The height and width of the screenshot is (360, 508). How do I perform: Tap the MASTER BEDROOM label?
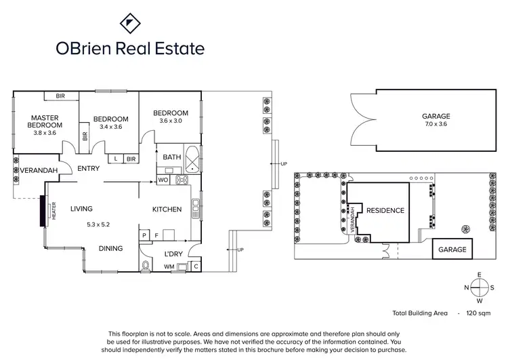[x=45, y=121]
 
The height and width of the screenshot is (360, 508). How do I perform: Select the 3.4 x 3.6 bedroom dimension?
[x=110, y=126]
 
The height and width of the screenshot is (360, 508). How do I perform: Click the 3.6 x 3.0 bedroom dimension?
[x=170, y=121]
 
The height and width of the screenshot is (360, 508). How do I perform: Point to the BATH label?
[x=172, y=157]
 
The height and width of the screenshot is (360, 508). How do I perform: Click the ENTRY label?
[x=88, y=169]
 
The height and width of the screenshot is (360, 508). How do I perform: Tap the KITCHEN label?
[x=167, y=209]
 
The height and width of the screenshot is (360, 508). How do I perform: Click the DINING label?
[x=110, y=249]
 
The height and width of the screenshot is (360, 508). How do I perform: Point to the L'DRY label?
[x=173, y=254]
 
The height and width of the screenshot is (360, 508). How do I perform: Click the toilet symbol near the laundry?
[x=146, y=265]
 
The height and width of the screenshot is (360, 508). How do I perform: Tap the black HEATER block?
[x=43, y=211]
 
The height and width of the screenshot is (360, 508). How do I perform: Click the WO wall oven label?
[x=163, y=180]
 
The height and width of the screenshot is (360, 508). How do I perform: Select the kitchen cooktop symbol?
[x=182, y=180]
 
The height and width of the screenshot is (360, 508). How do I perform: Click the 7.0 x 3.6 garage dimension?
[x=436, y=124]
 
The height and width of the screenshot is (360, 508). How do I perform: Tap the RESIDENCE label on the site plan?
[x=385, y=210]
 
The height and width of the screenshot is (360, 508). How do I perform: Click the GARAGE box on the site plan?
[x=452, y=249]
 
